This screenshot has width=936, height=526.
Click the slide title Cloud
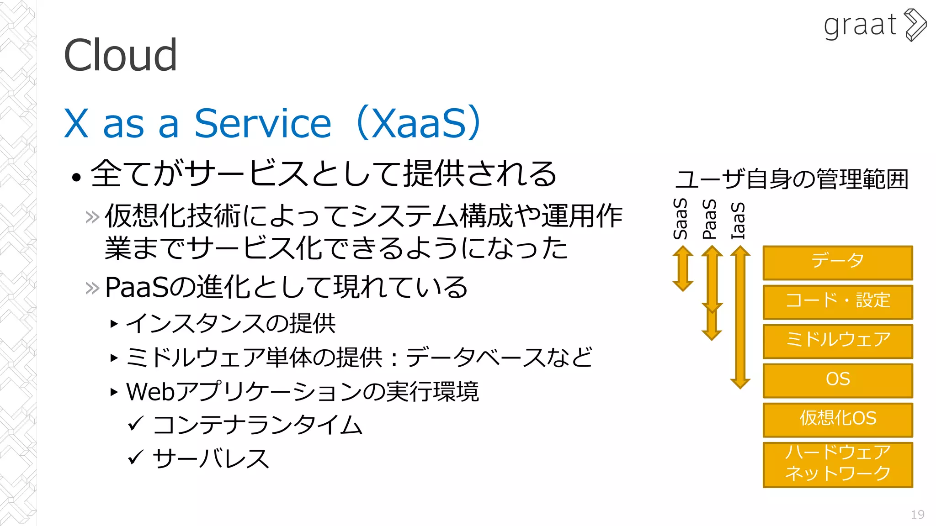click(x=120, y=55)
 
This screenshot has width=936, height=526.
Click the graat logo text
click(x=860, y=26)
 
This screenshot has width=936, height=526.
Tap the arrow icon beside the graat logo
click(x=915, y=25)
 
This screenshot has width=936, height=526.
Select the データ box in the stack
click(x=837, y=262)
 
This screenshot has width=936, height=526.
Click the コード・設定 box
click(x=837, y=301)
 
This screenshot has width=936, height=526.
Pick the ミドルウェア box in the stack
click(x=837, y=341)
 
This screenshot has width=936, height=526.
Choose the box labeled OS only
click(x=837, y=380)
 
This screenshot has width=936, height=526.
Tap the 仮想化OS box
click(x=837, y=419)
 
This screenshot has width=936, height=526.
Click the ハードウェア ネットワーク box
click(x=837, y=464)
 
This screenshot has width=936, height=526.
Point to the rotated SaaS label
click(x=681, y=219)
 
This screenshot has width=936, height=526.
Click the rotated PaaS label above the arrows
click(x=709, y=219)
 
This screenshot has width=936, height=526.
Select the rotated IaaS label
click(x=738, y=221)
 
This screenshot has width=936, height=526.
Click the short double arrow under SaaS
click(x=683, y=268)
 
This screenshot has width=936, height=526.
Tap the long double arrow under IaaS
click(x=740, y=317)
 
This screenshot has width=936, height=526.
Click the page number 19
click(x=917, y=515)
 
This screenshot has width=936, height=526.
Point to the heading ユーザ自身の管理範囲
click(x=792, y=179)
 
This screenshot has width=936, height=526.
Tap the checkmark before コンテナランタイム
click(x=136, y=423)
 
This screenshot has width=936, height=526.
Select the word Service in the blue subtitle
click(x=263, y=123)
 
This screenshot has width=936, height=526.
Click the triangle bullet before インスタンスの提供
click(x=114, y=324)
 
